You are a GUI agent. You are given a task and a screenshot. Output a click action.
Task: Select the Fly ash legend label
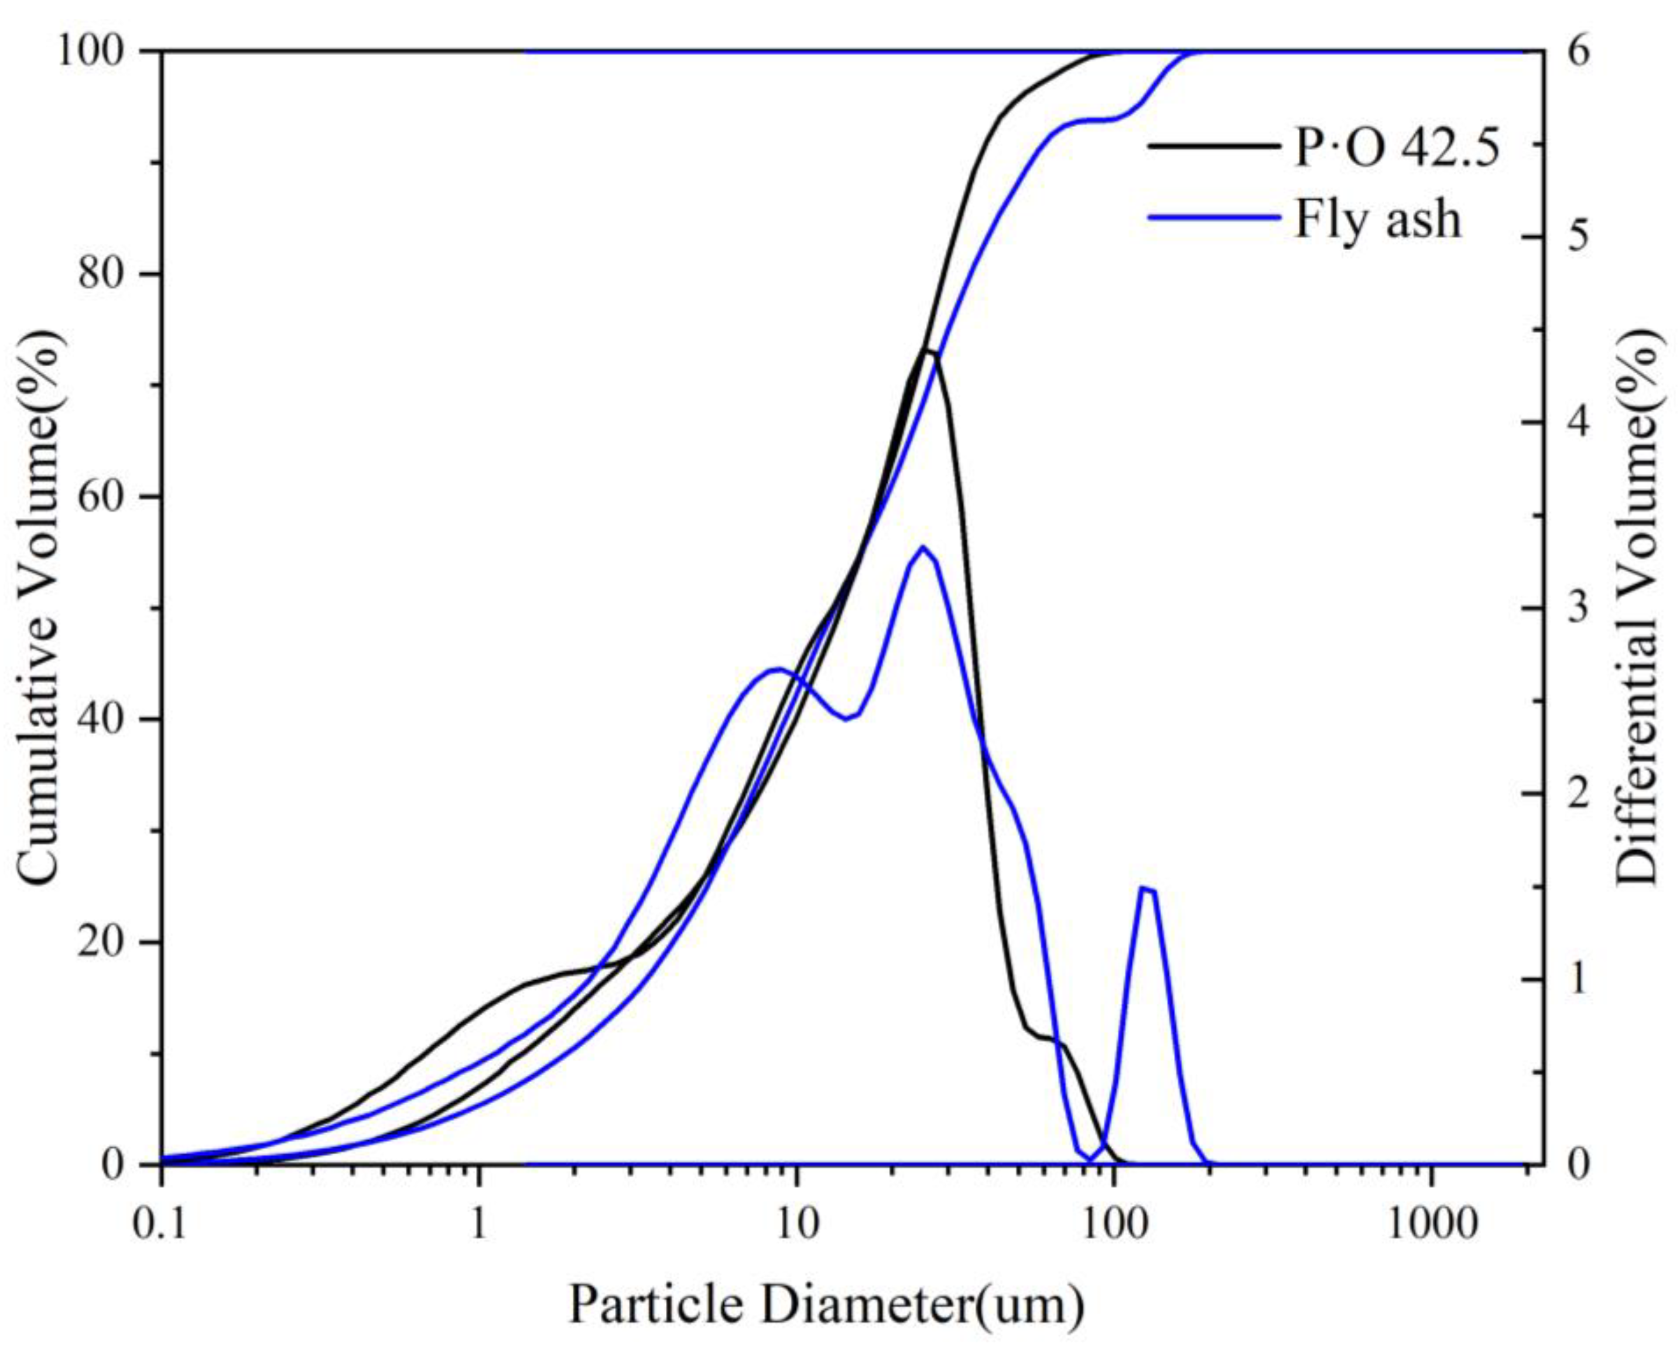[1378, 220]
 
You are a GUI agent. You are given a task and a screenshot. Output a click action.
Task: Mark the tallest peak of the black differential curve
[928, 351]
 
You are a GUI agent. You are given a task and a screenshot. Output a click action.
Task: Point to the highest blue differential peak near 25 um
[923, 547]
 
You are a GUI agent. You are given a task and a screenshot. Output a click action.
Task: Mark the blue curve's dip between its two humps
[848, 719]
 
